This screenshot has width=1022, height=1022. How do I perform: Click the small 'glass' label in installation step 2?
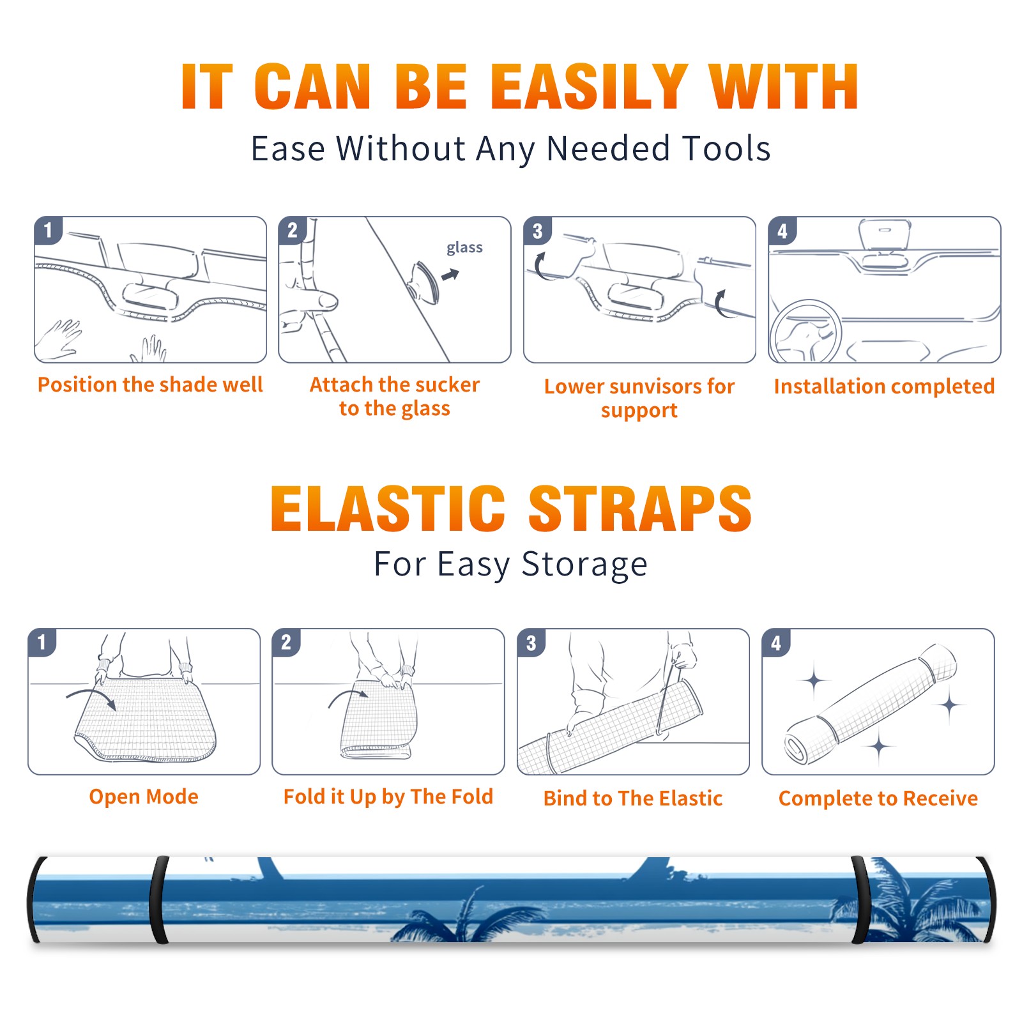click(464, 248)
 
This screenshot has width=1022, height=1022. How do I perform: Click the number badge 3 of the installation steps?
click(537, 231)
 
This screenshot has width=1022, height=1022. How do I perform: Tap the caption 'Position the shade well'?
click(150, 385)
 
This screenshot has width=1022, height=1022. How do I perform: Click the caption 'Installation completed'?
click(884, 386)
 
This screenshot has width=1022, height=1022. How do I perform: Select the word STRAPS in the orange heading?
click(640, 508)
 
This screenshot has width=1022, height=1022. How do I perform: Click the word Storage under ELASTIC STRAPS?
click(584, 565)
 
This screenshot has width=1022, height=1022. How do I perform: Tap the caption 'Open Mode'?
click(144, 797)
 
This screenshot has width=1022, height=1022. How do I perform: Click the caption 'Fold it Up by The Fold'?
click(388, 797)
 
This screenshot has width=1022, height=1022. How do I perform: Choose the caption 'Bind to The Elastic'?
click(633, 798)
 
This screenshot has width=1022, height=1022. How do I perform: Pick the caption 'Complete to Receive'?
click(878, 798)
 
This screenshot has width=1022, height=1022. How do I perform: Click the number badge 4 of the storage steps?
click(776, 643)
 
